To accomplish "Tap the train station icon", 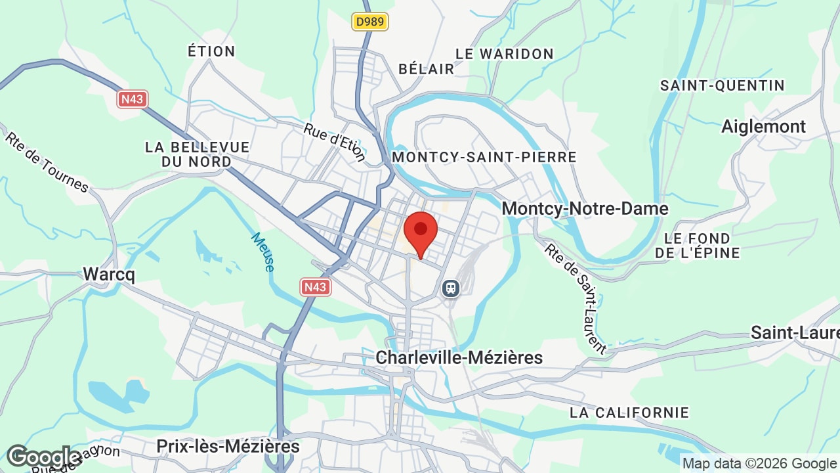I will [451, 288].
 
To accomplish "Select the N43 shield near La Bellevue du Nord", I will [133, 99].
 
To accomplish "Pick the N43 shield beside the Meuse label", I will [316, 287].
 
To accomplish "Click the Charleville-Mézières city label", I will [459, 357].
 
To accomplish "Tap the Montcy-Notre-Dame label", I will [585, 209].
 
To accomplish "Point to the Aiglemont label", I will [763, 126].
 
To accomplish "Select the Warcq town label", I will [109, 274].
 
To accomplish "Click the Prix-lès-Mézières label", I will [228, 447].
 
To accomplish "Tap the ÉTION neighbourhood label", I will [211, 51].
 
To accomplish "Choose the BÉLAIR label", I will [427, 68].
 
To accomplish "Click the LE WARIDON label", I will [505, 54].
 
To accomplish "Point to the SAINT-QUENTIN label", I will [723, 85].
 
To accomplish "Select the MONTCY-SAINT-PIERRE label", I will [484, 157].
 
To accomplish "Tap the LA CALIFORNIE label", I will [629, 413].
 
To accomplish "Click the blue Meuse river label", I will [262, 252].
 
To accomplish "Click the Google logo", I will [43, 457].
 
